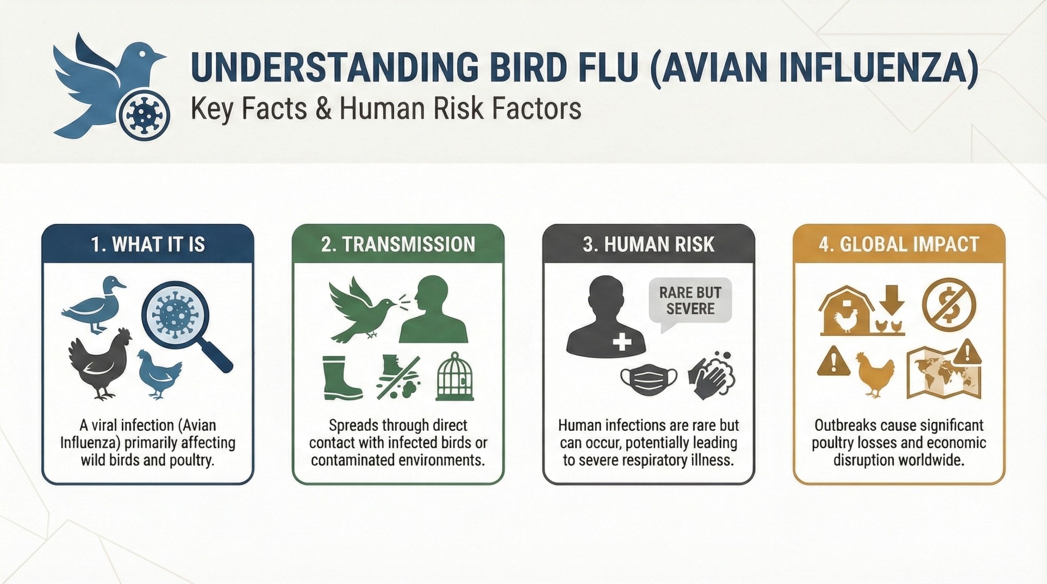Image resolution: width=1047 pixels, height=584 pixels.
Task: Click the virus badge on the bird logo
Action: [144, 115]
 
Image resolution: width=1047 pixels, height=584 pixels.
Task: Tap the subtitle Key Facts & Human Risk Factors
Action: [386, 109]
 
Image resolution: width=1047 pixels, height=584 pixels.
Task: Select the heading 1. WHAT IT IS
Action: [148, 244]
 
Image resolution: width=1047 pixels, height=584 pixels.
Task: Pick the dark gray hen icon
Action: [101, 363]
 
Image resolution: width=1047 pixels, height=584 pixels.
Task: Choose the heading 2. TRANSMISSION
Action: [398, 244]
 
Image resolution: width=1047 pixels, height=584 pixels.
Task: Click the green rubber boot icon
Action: [341, 378]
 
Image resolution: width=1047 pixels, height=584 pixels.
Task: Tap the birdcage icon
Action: [455, 376]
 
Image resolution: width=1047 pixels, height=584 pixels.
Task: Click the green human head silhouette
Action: [433, 309]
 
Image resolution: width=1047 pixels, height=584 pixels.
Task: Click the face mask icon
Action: [649, 379]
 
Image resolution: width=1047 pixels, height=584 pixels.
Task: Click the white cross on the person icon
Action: [622, 342]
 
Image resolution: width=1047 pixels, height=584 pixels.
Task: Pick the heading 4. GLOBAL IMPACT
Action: [899, 244]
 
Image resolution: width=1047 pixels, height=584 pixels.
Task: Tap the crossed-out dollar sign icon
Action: [949, 305]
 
